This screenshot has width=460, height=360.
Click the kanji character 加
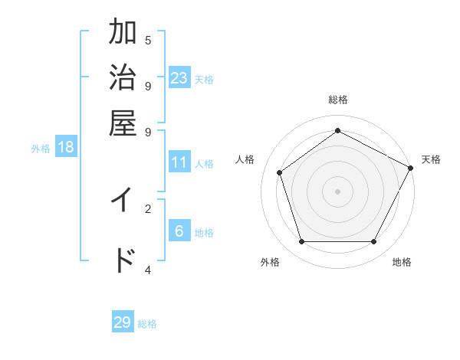pos(123,33)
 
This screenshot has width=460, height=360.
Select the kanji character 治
pos(123,77)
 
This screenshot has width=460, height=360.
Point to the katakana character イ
pos(123,200)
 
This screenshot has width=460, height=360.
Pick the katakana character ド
pos(123,260)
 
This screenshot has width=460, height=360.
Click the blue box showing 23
pos(179,78)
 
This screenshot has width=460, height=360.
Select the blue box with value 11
pos(179,162)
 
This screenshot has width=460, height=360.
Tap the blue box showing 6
pos(179,231)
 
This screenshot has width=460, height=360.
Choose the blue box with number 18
pos(66,147)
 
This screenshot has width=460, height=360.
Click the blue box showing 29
pos(123,322)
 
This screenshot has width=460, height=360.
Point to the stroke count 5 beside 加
pos(148,40)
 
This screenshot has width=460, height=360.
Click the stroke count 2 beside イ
pos(148,208)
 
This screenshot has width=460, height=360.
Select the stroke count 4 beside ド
pos(148,270)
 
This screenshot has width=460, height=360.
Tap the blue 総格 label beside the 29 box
pos(147,324)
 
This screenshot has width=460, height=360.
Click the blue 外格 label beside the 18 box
pos(41,149)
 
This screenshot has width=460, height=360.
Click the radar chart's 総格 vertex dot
pos(337,131)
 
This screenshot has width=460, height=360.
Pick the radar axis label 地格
pos(402,263)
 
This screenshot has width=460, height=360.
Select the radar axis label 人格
pos(245,159)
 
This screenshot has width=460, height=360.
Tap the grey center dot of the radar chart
pos(337,191)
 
